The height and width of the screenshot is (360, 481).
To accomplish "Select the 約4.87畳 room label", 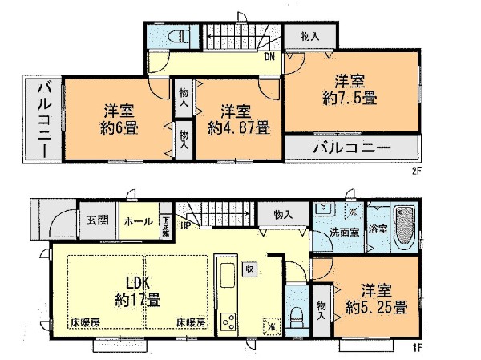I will click(238, 127).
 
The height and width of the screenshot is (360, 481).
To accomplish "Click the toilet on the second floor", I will click(179, 36).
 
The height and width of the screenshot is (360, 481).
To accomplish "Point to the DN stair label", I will click(271, 57).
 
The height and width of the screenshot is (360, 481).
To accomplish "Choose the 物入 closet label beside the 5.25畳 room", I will click(321, 308).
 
